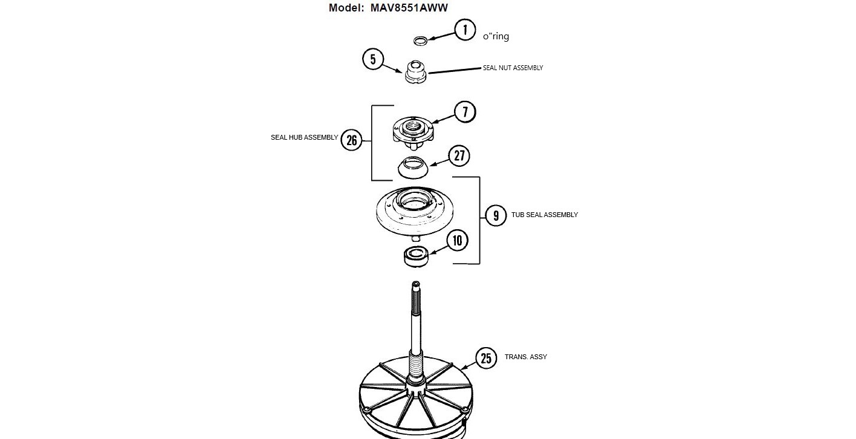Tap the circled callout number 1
point(465,30)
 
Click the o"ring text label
point(496,36)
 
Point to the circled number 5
point(373,59)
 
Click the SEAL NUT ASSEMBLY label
point(513,68)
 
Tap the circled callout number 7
point(465,112)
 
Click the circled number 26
point(352,140)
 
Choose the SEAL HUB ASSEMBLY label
point(304,138)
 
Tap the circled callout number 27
point(459,156)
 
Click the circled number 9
point(496,215)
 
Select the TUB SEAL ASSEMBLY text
point(544,215)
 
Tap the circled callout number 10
point(457,241)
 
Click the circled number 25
point(486,358)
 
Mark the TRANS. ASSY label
point(525,357)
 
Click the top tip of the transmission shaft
point(416,284)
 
